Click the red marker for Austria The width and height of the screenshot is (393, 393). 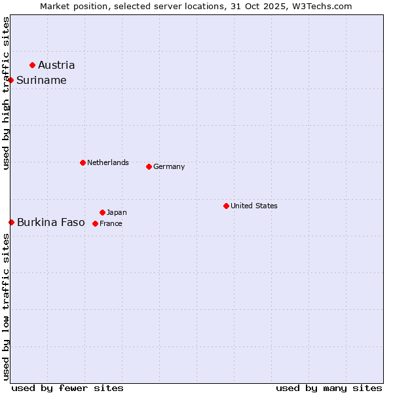(32, 65)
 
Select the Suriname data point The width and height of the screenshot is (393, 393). (11, 80)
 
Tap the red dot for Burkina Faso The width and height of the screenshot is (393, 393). (11, 222)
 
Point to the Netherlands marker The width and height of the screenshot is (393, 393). (83, 162)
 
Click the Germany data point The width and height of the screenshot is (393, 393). (149, 166)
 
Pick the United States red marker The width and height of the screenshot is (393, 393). (226, 206)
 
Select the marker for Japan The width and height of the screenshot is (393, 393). (102, 212)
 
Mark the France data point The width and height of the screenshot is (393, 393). (95, 223)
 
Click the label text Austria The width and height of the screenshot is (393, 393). (56, 65)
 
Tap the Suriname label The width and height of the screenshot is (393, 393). (41, 80)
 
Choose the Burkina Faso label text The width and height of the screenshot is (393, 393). (51, 222)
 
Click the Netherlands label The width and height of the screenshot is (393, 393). (108, 162)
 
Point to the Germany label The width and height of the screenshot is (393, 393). (169, 166)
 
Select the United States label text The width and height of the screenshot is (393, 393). (254, 206)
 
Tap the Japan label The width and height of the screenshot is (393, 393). (117, 212)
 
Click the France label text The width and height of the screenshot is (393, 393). (111, 223)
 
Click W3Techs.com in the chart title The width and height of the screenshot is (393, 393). (320, 6)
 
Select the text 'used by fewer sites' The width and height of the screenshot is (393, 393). (67, 388)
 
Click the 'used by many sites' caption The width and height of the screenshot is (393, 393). (329, 388)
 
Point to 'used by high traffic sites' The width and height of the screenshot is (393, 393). (6, 94)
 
